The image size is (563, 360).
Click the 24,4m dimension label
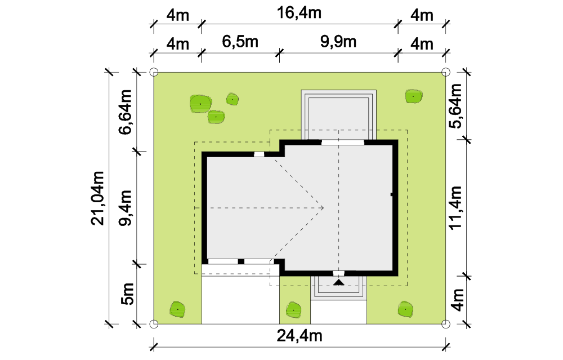(300, 336)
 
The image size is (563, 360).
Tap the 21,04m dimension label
(97, 198)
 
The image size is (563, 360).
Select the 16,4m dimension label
(299, 14)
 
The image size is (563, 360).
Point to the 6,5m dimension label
(240, 42)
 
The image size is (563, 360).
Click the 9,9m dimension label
(338, 42)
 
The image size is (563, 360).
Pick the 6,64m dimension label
(126, 112)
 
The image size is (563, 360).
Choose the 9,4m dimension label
(126, 208)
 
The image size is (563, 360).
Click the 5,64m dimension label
(455, 105)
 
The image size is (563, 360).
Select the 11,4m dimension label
(455, 208)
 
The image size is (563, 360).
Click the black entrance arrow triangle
(338, 282)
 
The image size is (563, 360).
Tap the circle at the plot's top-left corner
(154, 72)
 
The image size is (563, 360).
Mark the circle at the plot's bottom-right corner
(445, 324)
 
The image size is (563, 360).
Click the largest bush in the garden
(200, 104)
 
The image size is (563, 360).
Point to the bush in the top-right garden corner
(413, 96)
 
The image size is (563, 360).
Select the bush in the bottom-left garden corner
(178, 309)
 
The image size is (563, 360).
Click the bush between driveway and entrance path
(294, 310)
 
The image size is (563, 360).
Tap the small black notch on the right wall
(392, 195)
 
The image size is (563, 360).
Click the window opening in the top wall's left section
(259, 154)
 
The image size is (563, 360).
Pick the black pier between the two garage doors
(242, 261)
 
